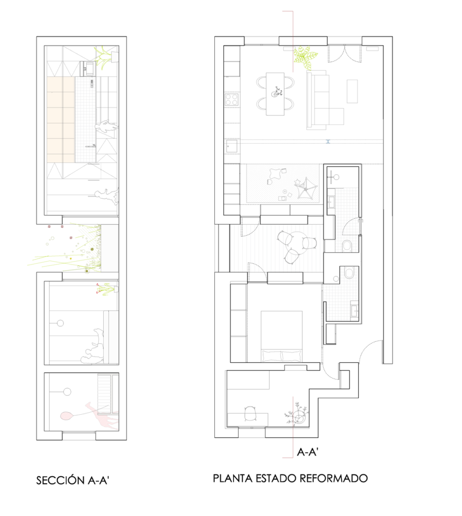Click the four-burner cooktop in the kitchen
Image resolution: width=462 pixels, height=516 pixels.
(x=232, y=100)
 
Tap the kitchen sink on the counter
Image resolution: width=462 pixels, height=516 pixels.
(x=232, y=146)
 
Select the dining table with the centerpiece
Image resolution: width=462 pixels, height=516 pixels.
(x=275, y=94)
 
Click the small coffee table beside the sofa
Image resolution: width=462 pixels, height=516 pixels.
(x=352, y=91)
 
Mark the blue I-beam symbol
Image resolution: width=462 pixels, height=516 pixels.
(x=328, y=142)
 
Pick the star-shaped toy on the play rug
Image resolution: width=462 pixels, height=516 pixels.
(x=298, y=182)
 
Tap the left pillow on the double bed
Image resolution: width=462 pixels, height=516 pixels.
(x=271, y=356)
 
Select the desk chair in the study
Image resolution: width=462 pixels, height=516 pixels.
(x=251, y=413)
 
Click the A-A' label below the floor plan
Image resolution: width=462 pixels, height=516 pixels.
(x=307, y=452)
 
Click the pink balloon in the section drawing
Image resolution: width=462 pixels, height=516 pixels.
(x=67, y=416)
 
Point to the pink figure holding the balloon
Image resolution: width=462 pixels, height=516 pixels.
(x=102, y=415)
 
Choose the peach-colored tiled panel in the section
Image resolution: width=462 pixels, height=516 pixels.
(x=61, y=119)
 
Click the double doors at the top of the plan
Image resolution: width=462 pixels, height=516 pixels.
(x=344, y=53)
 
